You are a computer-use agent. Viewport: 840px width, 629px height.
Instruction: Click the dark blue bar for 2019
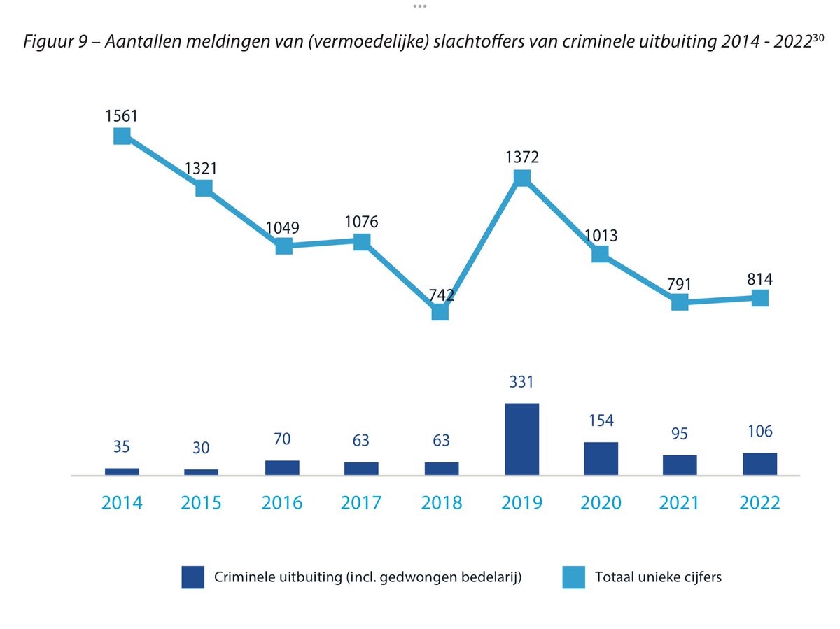(521, 439)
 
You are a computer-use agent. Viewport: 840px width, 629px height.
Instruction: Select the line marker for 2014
(122, 136)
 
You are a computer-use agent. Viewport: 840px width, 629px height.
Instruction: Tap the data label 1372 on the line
(521, 157)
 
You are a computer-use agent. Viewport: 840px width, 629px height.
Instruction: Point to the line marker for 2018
(440, 311)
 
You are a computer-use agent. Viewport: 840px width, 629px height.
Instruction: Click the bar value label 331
(521, 383)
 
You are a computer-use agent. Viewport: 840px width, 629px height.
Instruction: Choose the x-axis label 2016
(283, 503)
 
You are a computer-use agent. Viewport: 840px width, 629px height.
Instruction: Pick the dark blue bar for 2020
(601, 459)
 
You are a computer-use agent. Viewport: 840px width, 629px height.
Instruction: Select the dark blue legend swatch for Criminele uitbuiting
(192, 577)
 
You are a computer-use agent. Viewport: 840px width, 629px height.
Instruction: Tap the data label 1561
(122, 114)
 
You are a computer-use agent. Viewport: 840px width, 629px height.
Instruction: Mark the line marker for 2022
(759, 298)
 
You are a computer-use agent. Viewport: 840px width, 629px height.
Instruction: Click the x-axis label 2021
(680, 503)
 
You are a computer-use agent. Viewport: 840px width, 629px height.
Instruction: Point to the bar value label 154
(601, 421)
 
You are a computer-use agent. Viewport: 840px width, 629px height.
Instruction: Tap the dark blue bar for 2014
(122, 472)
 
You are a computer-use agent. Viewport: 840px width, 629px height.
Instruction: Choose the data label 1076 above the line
(362, 222)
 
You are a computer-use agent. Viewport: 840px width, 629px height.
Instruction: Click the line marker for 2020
(600, 254)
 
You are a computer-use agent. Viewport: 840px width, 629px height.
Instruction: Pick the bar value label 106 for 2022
(759, 432)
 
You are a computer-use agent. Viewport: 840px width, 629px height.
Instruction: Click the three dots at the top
(419, 6)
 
